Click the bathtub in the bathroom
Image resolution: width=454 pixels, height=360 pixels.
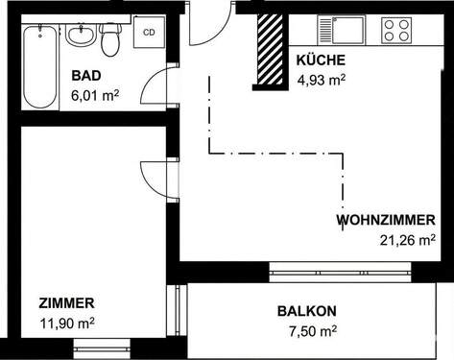coord(40,65)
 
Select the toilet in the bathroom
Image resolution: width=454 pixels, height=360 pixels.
coord(110,40)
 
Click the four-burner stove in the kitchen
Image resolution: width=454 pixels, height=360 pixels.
coord(397,30)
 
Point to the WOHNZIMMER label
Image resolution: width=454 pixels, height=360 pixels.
coord(386,220)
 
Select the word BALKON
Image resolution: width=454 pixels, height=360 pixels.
coord(307,311)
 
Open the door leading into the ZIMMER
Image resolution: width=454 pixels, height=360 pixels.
coord(157,180)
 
